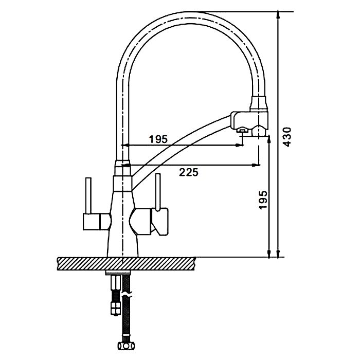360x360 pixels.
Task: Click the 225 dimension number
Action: click(189, 172)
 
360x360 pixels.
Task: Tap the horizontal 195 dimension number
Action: click(158, 138)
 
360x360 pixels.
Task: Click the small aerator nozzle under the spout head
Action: click(241, 132)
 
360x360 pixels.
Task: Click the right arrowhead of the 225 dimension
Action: click(256, 165)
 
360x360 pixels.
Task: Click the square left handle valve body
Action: click(93, 222)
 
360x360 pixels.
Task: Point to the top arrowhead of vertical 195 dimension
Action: click(268, 139)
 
